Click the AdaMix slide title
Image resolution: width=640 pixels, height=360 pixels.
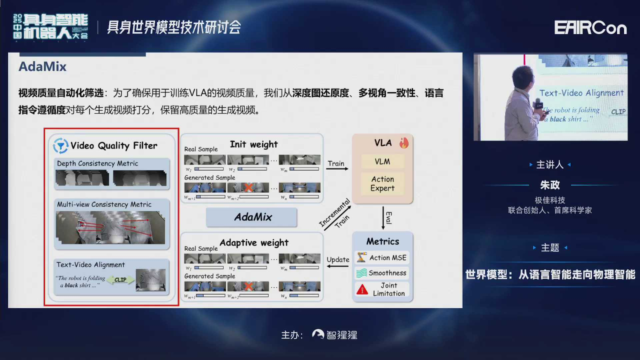tap(42, 67)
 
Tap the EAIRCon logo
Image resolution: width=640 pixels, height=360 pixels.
tap(590, 28)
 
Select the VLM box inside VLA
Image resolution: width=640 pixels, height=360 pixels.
tap(382, 162)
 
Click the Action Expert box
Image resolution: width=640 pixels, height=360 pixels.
tap(382, 184)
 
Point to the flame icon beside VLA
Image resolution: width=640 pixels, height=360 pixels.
tap(404, 143)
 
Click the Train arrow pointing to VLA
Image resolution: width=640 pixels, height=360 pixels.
tap(337, 169)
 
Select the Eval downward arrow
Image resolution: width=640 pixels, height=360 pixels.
tap(383, 218)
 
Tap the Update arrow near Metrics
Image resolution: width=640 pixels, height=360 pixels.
tap(337, 266)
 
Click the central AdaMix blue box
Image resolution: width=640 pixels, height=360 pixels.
tap(252, 217)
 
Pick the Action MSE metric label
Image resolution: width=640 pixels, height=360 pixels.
tap(388, 258)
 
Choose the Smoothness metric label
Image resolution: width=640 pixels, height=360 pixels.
tap(387, 273)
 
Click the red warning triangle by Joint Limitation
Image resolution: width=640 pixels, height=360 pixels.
tap(362, 289)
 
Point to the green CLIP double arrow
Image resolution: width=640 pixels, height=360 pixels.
tap(120, 280)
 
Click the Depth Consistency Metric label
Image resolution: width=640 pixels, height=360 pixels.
tap(97, 163)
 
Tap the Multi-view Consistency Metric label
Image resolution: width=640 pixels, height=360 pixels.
tap(104, 204)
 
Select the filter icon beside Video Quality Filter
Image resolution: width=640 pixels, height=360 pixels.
tap(61, 146)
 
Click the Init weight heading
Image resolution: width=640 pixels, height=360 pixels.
tap(254, 144)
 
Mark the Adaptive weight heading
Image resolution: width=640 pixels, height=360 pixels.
tap(254, 243)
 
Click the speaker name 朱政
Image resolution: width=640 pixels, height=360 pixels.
tap(550, 185)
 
